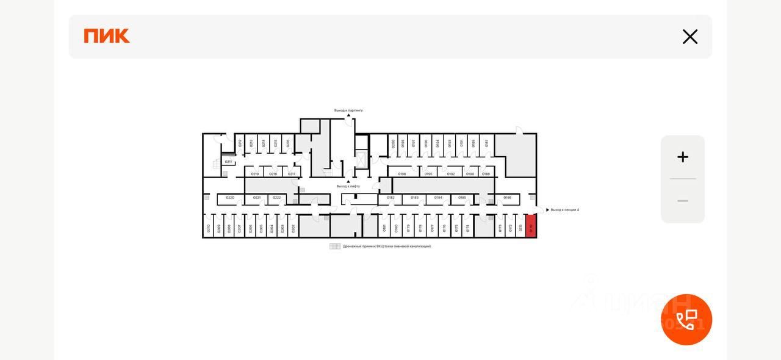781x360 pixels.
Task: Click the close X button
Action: pyautogui.click(x=690, y=37)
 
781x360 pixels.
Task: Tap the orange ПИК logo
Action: pyautogui.click(x=107, y=36)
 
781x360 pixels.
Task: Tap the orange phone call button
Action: pyautogui.click(x=686, y=320)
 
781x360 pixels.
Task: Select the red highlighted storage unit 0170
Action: pyautogui.click(x=531, y=226)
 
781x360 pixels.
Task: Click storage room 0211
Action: pyautogui.click(x=228, y=162)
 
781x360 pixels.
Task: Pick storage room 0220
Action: pyautogui.click(x=230, y=198)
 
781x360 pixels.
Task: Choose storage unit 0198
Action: pyautogui.click(x=402, y=174)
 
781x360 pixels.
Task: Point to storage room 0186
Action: pyautogui.click(x=507, y=198)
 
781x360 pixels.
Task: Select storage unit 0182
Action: pyautogui.click(x=390, y=198)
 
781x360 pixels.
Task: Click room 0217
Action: pyautogui.click(x=292, y=174)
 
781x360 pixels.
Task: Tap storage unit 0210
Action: pyautogui.click(x=209, y=227)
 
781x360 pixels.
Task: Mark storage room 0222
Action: pyautogui.click(x=277, y=198)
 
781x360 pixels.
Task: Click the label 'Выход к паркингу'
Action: pyautogui.click(x=348, y=110)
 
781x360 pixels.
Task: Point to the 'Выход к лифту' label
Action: pyautogui.click(x=348, y=186)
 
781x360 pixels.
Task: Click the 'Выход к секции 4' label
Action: pyautogui.click(x=564, y=210)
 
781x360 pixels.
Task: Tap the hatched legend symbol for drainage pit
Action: pyautogui.click(x=335, y=247)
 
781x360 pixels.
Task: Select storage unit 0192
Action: pyautogui.click(x=451, y=174)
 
